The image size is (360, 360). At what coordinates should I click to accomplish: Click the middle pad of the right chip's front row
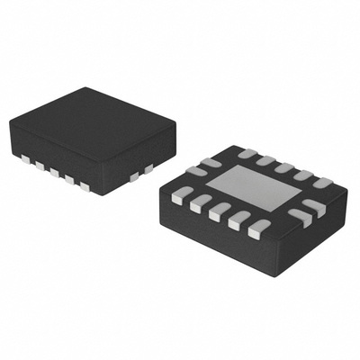pos(217,212)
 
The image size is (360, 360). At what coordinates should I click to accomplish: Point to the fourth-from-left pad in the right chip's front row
pos(238,220)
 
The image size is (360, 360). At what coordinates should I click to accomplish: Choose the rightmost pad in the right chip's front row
pos(259,228)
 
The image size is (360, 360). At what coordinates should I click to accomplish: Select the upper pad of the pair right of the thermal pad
pos(314,205)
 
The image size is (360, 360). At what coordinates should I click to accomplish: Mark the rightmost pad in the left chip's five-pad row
pos(86,186)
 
